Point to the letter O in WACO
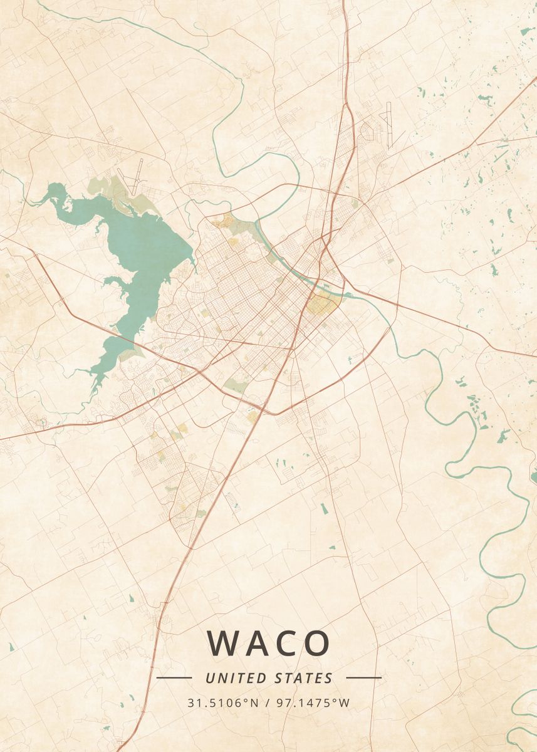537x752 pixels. pyautogui.click(x=316, y=643)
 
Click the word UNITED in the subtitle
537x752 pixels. pyautogui.click(x=237, y=678)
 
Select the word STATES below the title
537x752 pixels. pyautogui.click(x=304, y=678)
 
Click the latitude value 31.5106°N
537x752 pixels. pyautogui.click(x=222, y=702)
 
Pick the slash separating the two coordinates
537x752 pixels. pyautogui.click(x=268, y=702)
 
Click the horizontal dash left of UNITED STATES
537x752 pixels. pyautogui.click(x=174, y=677)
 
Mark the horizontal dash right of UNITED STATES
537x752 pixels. pyautogui.click(x=363, y=677)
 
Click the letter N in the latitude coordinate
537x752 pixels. pyautogui.click(x=254, y=702)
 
